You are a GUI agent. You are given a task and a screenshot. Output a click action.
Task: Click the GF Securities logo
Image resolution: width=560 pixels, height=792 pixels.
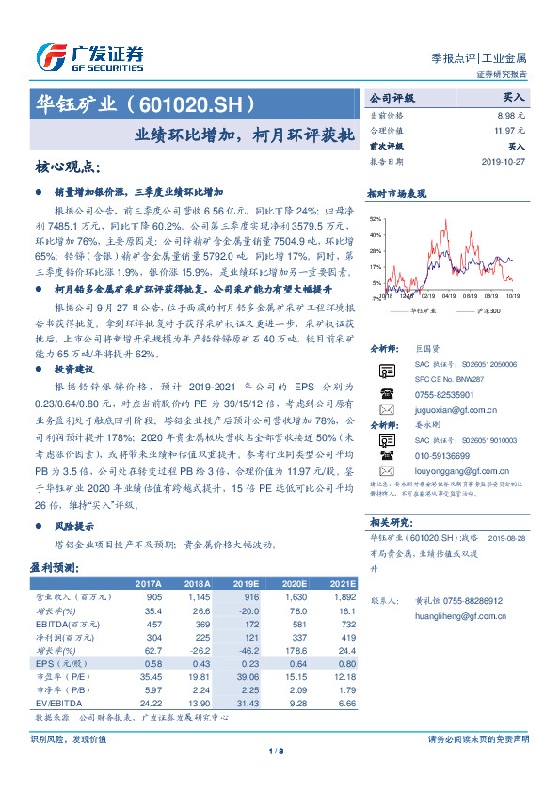(x=89, y=56)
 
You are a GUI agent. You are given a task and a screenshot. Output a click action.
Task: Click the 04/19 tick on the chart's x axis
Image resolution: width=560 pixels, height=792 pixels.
(x=447, y=295)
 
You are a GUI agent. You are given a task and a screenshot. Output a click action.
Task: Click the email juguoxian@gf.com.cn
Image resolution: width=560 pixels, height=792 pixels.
(x=454, y=411)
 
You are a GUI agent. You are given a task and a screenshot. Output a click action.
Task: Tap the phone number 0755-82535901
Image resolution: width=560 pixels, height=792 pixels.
(x=443, y=395)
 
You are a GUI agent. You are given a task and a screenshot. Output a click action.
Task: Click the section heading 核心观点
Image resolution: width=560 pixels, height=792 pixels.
(x=67, y=166)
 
